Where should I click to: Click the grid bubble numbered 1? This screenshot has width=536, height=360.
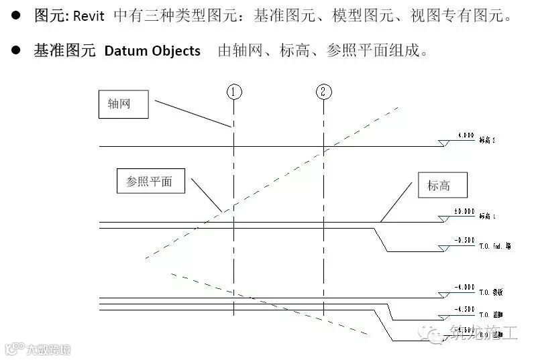233,93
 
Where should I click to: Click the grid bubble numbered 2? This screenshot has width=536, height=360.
323,93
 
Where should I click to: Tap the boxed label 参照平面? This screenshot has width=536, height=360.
149,182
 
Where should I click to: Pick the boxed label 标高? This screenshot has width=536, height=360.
439,186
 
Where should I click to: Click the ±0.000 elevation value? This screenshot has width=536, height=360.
465,211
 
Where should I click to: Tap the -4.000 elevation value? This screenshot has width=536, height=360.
464,288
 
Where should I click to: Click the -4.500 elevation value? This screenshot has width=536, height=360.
464,309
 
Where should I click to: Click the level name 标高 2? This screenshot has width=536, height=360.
488,141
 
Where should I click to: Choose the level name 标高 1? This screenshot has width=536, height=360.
488,217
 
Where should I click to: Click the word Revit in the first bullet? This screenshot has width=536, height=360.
88,15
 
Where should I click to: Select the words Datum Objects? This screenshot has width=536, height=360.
152,51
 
